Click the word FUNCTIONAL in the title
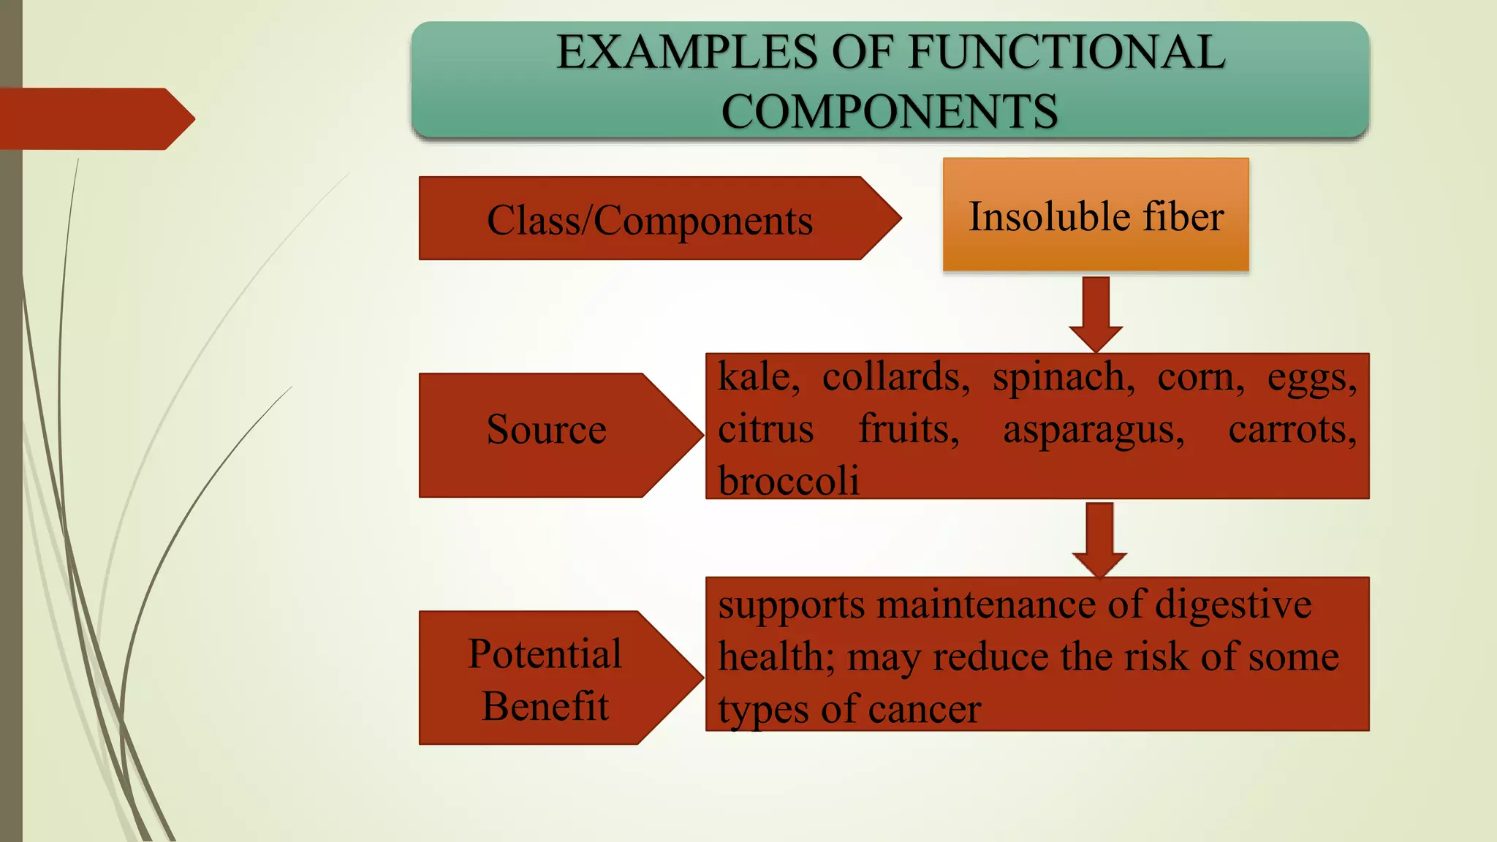1066,53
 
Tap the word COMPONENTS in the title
889,111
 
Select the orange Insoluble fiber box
1095,215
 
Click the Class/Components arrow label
649,219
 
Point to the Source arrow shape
547,434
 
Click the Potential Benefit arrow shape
545,678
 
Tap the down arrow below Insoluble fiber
1095,313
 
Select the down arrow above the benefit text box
1099,539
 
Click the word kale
757,377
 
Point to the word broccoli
788,481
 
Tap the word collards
895,377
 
